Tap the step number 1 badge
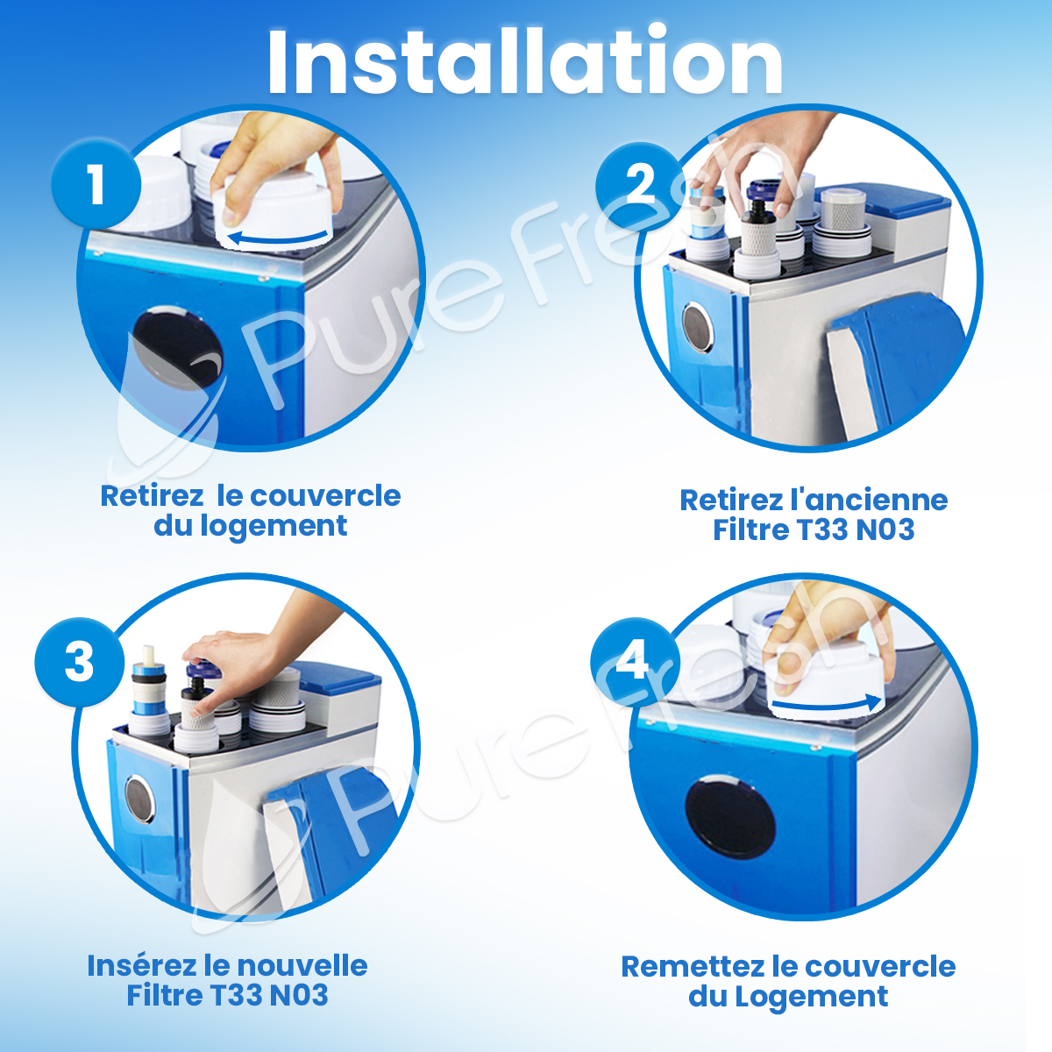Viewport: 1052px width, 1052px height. click(96, 184)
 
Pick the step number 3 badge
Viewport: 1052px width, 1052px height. click(80, 662)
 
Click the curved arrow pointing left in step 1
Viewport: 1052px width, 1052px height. click(278, 239)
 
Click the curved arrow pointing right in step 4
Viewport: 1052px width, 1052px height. click(827, 704)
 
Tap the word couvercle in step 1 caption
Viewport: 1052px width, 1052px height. click(325, 496)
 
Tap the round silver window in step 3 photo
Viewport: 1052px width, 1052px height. click(139, 800)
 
